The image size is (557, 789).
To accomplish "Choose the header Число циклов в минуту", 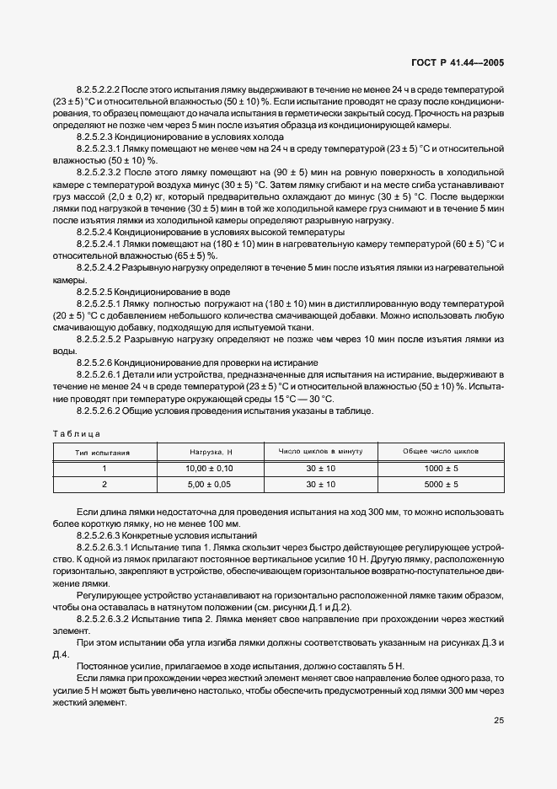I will pyautogui.click(x=320, y=453).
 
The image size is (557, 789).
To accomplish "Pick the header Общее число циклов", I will pyautogui.click(x=441, y=453).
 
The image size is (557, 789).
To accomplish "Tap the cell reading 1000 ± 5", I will pyautogui.click(x=441, y=469).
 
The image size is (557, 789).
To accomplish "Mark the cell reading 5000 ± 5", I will pyautogui.click(x=441, y=486).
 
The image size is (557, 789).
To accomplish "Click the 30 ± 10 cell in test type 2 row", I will pyautogui.click(x=320, y=486).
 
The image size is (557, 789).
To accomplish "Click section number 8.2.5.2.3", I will pyautogui.click(x=99, y=137).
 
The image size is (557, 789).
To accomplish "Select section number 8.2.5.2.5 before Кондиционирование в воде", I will pyautogui.click(x=99, y=292).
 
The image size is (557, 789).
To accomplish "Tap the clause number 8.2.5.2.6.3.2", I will pyautogui.click(x=107, y=617).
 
